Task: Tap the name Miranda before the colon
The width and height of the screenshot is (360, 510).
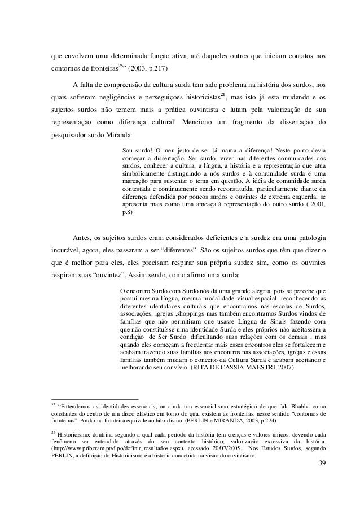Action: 116,135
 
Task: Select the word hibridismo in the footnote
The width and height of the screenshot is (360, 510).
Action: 155,420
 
